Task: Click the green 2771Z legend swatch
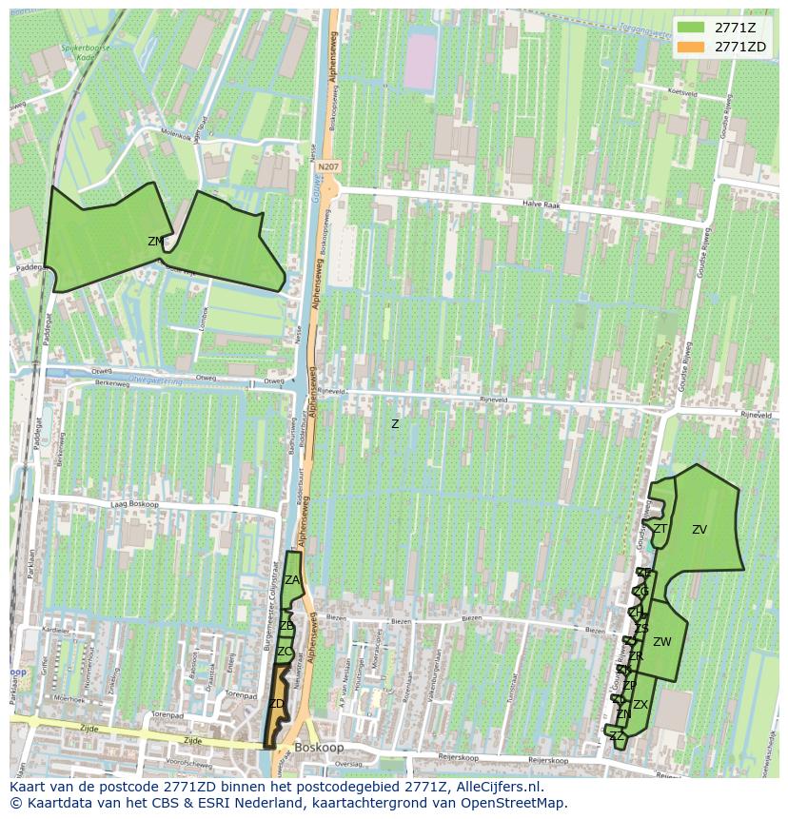click(x=691, y=27)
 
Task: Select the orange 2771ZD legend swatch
click(x=691, y=47)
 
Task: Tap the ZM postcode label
click(x=155, y=242)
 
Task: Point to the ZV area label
click(x=699, y=530)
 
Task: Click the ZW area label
click(x=662, y=642)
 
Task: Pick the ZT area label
click(x=660, y=529)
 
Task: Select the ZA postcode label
click(x=292, y=580)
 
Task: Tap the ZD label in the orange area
click(x=277, y=704)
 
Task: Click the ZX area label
click(x=640, y=705)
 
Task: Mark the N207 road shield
click(x=328, y=166)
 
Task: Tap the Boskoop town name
click(x=320, y=748)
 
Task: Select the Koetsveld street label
click(x=683, y=93)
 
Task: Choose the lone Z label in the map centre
click(x=395, y=424)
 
